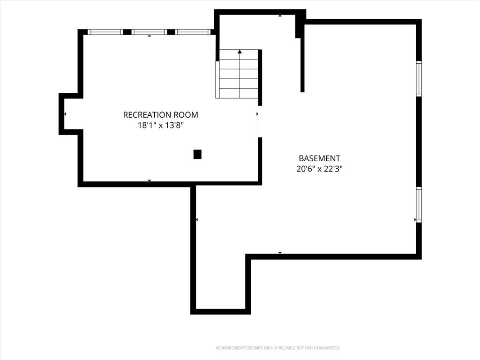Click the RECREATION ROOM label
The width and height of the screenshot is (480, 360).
[160, 115]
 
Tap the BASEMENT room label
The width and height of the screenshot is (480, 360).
[319, 158]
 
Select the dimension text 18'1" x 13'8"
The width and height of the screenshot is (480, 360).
[160, 125]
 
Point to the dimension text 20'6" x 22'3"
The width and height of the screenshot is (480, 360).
[319, 169]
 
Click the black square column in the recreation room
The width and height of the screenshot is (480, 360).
[197, 154]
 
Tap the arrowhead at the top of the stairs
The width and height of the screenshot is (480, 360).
[240, 52]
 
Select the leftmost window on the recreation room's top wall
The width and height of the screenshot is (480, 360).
[105, 32]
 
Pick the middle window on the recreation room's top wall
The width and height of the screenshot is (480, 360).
[150, 32]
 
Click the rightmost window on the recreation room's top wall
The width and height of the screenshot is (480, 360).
[193, 32]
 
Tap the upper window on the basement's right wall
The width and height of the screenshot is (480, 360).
[419, 79]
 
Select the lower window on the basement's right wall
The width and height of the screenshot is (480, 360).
[419, 204]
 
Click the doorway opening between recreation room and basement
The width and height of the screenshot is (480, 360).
[260, 121]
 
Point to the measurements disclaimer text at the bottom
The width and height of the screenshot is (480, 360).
[278, 348]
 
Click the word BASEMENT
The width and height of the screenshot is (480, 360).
[319, 158]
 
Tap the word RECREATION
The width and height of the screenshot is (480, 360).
[147, 115]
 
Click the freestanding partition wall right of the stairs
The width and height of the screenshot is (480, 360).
[302, 58]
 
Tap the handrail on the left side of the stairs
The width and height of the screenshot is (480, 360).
[217, 80]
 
